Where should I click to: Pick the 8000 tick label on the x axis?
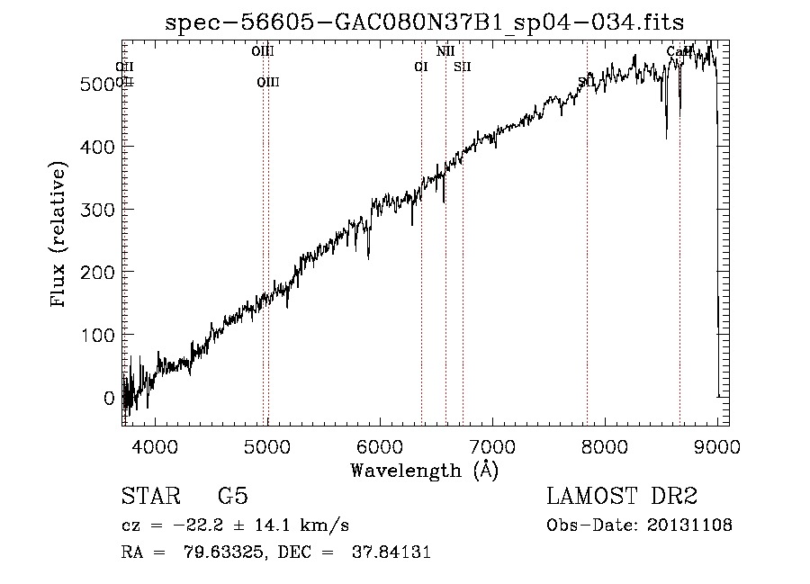[604, 445]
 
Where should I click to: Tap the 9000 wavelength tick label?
[716, 445]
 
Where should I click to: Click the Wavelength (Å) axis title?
[424, 470]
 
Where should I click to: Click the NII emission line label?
[445, 51]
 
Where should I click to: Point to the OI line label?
[420, 67]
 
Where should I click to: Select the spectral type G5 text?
[232, 497]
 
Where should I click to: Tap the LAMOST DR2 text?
[622, 497]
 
